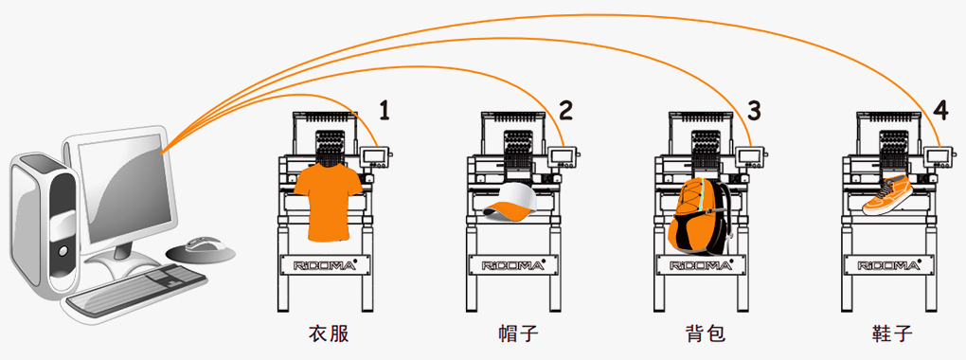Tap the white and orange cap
click(510, 203)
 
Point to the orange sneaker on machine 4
click(888, 195)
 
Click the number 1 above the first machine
click(385, 110)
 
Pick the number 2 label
click(565, 110)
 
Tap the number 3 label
click(754, 110)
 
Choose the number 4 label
click(940, 110)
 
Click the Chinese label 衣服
click(329, 334)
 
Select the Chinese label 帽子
click(518, 334)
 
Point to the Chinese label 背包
click(706, 334)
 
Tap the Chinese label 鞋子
click(892, 334)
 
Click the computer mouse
click(202, 248)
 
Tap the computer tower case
click(44, 226)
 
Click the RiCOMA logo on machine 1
click(325, 265)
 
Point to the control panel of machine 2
click(563, 156)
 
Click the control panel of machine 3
click(750, 156)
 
